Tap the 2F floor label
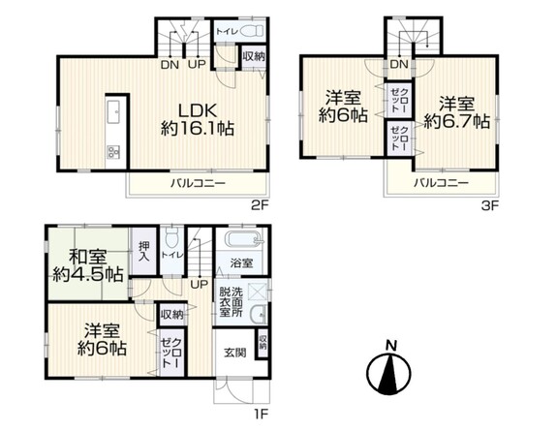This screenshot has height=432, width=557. [x=257, y=204]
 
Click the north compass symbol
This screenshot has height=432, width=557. [x=391, y=368]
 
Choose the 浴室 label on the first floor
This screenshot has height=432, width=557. [x=242, y=262]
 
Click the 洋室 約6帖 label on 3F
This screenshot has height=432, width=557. [x=345, y=106]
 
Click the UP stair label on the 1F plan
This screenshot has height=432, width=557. [x=198, y=284]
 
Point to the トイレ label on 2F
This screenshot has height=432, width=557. [x=226, y=30]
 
